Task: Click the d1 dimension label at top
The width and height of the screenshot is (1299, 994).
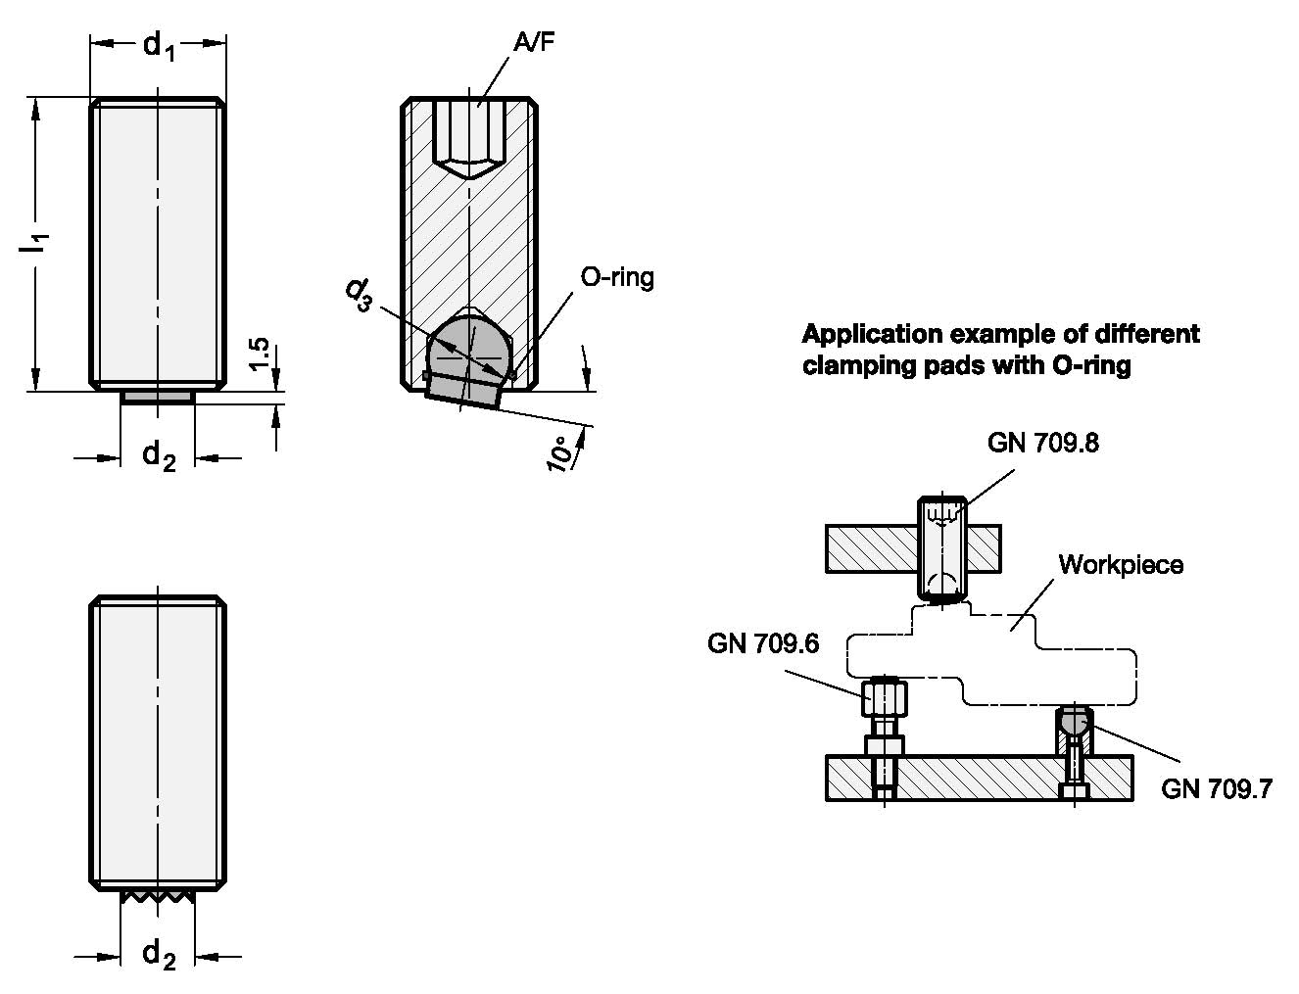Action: click(159, 47)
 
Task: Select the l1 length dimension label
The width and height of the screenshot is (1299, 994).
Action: click(33, 244)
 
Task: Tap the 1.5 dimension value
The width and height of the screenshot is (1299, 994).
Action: click(259, 355)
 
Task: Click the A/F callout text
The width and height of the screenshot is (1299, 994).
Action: click(534, 42)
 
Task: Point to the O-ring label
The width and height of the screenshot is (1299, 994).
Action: click(617, 277)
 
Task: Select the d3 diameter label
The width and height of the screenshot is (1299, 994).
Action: click(360, 295)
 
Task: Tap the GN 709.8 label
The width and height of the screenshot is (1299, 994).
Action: click(1042, 443)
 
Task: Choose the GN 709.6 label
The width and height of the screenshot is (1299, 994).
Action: click(763, 643)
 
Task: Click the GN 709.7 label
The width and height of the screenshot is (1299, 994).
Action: click(1217, 788)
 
